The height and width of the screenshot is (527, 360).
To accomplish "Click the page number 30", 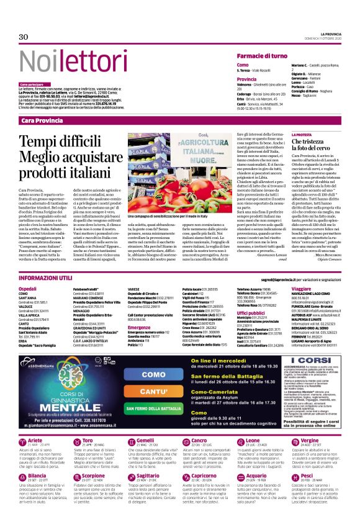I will coord(23,37).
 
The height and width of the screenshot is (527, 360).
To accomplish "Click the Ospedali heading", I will coord(29,289).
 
